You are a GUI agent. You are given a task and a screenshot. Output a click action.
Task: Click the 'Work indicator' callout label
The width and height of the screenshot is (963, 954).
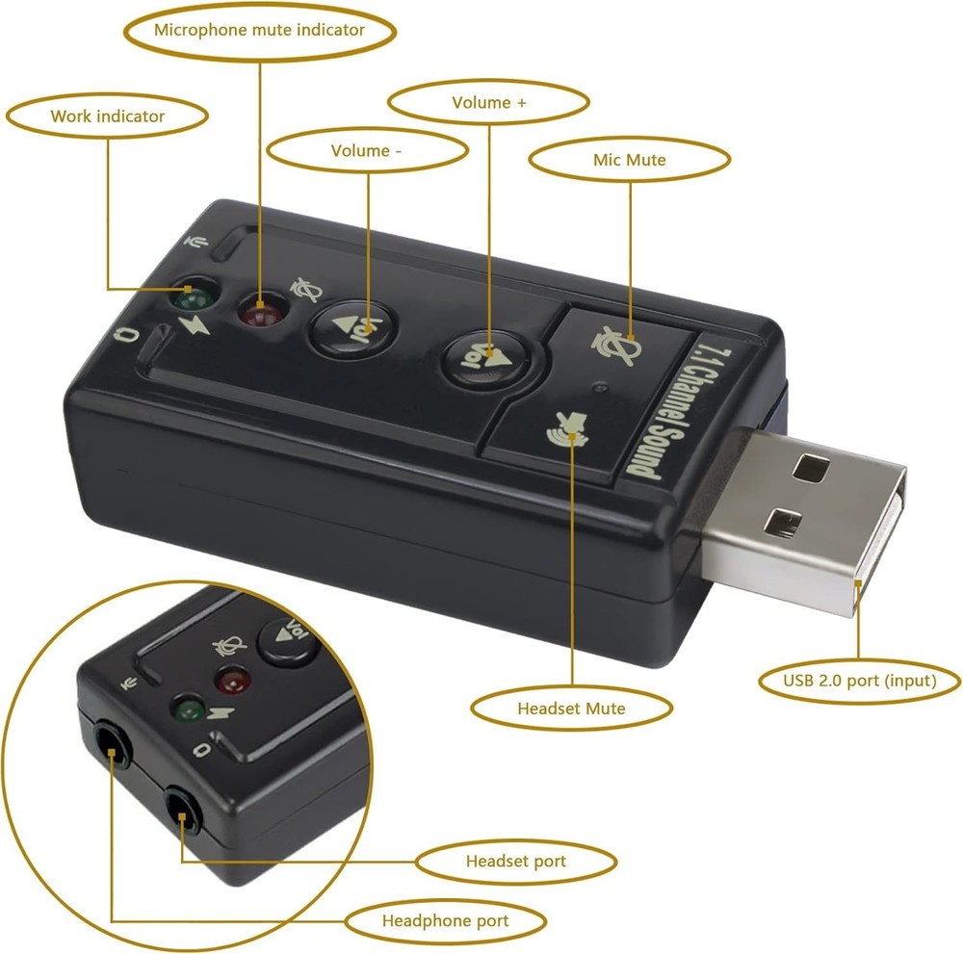(x=107, y=116)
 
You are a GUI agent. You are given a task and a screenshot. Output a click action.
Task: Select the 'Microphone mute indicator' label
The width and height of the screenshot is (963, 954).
(x=259, y=30)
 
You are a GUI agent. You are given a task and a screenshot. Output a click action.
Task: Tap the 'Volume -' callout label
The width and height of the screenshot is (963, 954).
(x=366, y=151)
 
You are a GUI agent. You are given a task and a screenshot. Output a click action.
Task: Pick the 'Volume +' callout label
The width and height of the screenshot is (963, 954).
(x=488, y=102)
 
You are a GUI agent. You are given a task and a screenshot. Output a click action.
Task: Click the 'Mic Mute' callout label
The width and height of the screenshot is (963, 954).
(x=629, y=160)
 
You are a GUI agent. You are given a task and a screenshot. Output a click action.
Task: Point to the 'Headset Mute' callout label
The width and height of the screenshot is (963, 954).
(x=571, y=709)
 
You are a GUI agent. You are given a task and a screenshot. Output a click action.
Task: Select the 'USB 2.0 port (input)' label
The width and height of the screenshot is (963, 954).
(x=859, y=682)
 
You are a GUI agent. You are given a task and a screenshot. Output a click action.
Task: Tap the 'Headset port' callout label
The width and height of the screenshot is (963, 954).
(x=515, y=861)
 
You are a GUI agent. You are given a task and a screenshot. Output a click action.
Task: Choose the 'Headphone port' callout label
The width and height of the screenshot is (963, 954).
(x=445, y=921)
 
